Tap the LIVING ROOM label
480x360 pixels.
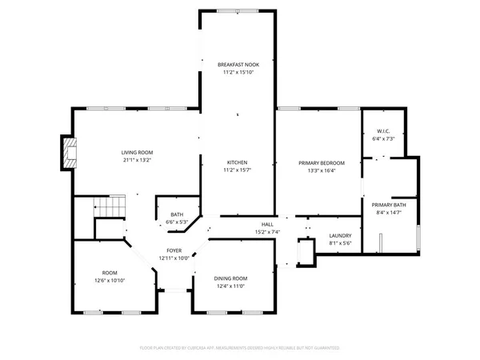pos(137,152)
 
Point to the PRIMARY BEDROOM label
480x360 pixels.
pos(318,162)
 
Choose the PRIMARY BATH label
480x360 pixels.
pos(389,205)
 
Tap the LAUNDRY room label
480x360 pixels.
pos(341,235)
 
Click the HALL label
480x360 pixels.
pos(267,225)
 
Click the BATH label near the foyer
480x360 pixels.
pos(176,214)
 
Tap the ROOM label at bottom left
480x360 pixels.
pos(109,272)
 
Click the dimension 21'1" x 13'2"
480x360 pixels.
pos(137,160)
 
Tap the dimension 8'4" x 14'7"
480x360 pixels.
pos(389,212)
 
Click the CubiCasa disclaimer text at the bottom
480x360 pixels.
pos(239,348)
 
